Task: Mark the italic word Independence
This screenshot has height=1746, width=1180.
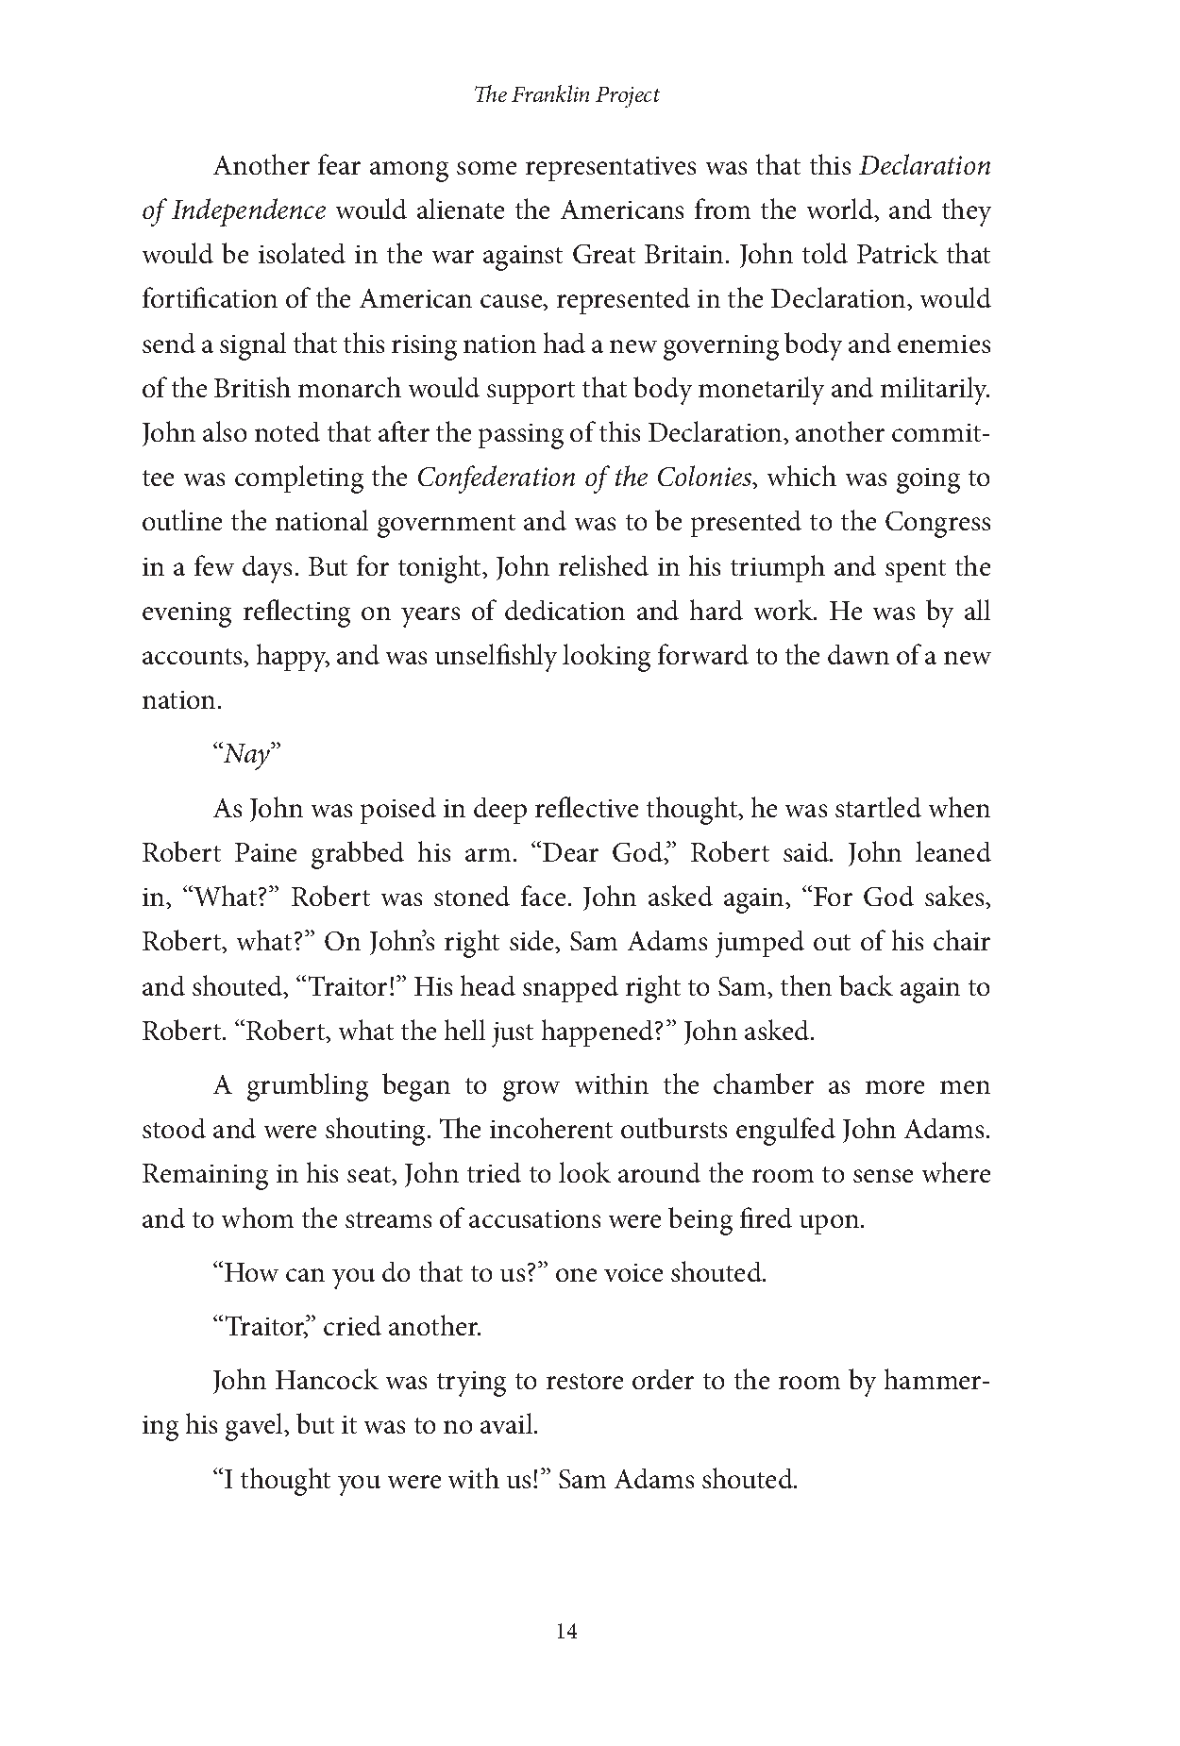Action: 247,210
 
